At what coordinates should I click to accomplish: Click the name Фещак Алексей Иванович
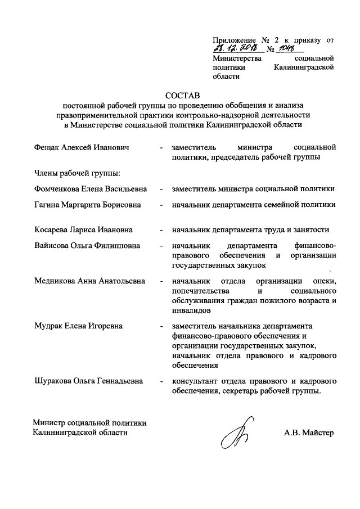point(81,147)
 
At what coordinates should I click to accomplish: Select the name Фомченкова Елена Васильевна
point(90,190)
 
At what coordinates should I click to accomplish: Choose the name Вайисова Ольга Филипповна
point(87,246)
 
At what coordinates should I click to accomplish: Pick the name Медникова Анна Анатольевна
point(89,281)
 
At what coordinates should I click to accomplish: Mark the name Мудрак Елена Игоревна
point(78,326)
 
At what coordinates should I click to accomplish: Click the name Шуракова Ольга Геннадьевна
point(88,381)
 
